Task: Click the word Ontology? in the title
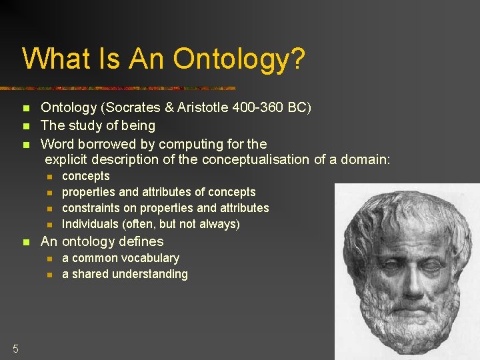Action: pyautogui.click(x=239, y=59)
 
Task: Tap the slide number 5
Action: pyautogui.click(x=15, y=347)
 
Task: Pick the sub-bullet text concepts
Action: pyautogui.click(x=85, y=176)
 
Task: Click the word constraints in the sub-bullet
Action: pyautogui.click(x=91, y=208)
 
